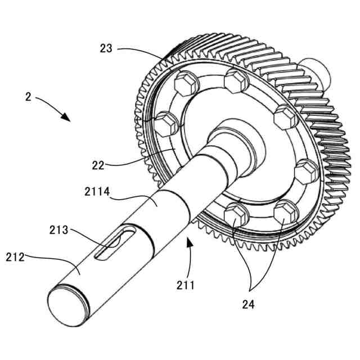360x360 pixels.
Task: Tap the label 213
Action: point(58,229)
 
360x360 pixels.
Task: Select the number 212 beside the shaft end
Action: point(16,258)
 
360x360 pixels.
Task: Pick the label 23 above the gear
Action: point(106,48)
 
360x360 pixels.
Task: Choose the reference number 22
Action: point(99,165)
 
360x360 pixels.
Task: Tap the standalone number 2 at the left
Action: point(28,96)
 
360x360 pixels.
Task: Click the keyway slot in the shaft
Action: point(112,246)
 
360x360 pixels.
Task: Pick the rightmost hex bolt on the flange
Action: point(307,170)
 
